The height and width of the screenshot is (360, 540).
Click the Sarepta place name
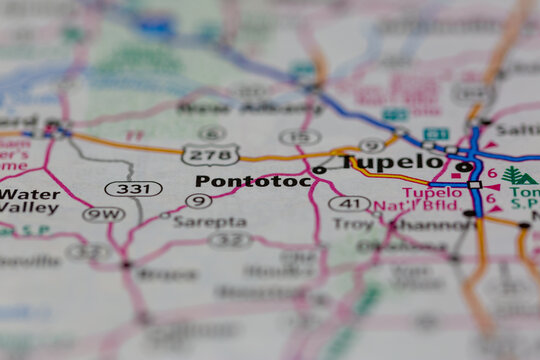point(210,221)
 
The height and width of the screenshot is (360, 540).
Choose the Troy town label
point(354,225)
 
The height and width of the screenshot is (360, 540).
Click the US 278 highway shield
point(210,154)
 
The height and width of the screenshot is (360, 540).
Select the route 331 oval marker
point(133,188)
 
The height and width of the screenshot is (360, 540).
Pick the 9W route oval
point(103,213)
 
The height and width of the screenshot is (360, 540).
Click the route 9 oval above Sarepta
point(198,200)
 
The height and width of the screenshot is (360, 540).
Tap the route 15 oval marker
point(299,137)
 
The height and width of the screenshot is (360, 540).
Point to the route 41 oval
point(349,204)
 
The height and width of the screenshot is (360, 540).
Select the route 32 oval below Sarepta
point(230,240)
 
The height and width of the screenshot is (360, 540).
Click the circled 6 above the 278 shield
point(211,132)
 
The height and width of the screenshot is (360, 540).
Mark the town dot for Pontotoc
point(319,170)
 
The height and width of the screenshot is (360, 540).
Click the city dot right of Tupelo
point(464,167)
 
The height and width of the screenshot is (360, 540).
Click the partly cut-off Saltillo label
point(518,130)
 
